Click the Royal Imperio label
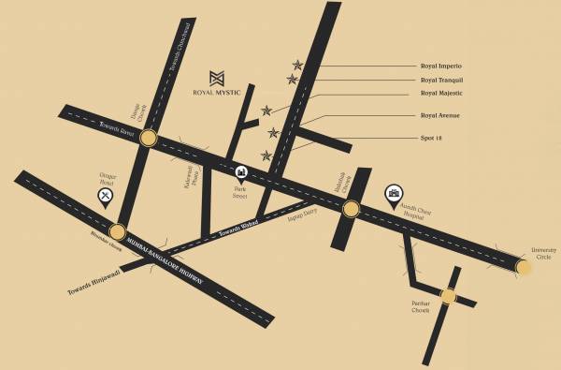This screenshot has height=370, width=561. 442,66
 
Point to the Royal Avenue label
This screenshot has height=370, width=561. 440,116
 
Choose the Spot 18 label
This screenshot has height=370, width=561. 431,137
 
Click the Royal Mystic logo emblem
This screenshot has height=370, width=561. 217,78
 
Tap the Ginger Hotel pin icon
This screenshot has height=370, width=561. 106,195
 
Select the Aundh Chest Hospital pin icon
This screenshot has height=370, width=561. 394,194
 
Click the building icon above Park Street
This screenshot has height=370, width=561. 242,172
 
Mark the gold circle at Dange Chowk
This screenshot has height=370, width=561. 148,138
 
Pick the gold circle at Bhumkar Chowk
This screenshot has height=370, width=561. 117,232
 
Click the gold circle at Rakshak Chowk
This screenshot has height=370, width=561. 350,209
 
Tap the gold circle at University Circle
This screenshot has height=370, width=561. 524,268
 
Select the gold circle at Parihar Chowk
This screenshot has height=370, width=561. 448,297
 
